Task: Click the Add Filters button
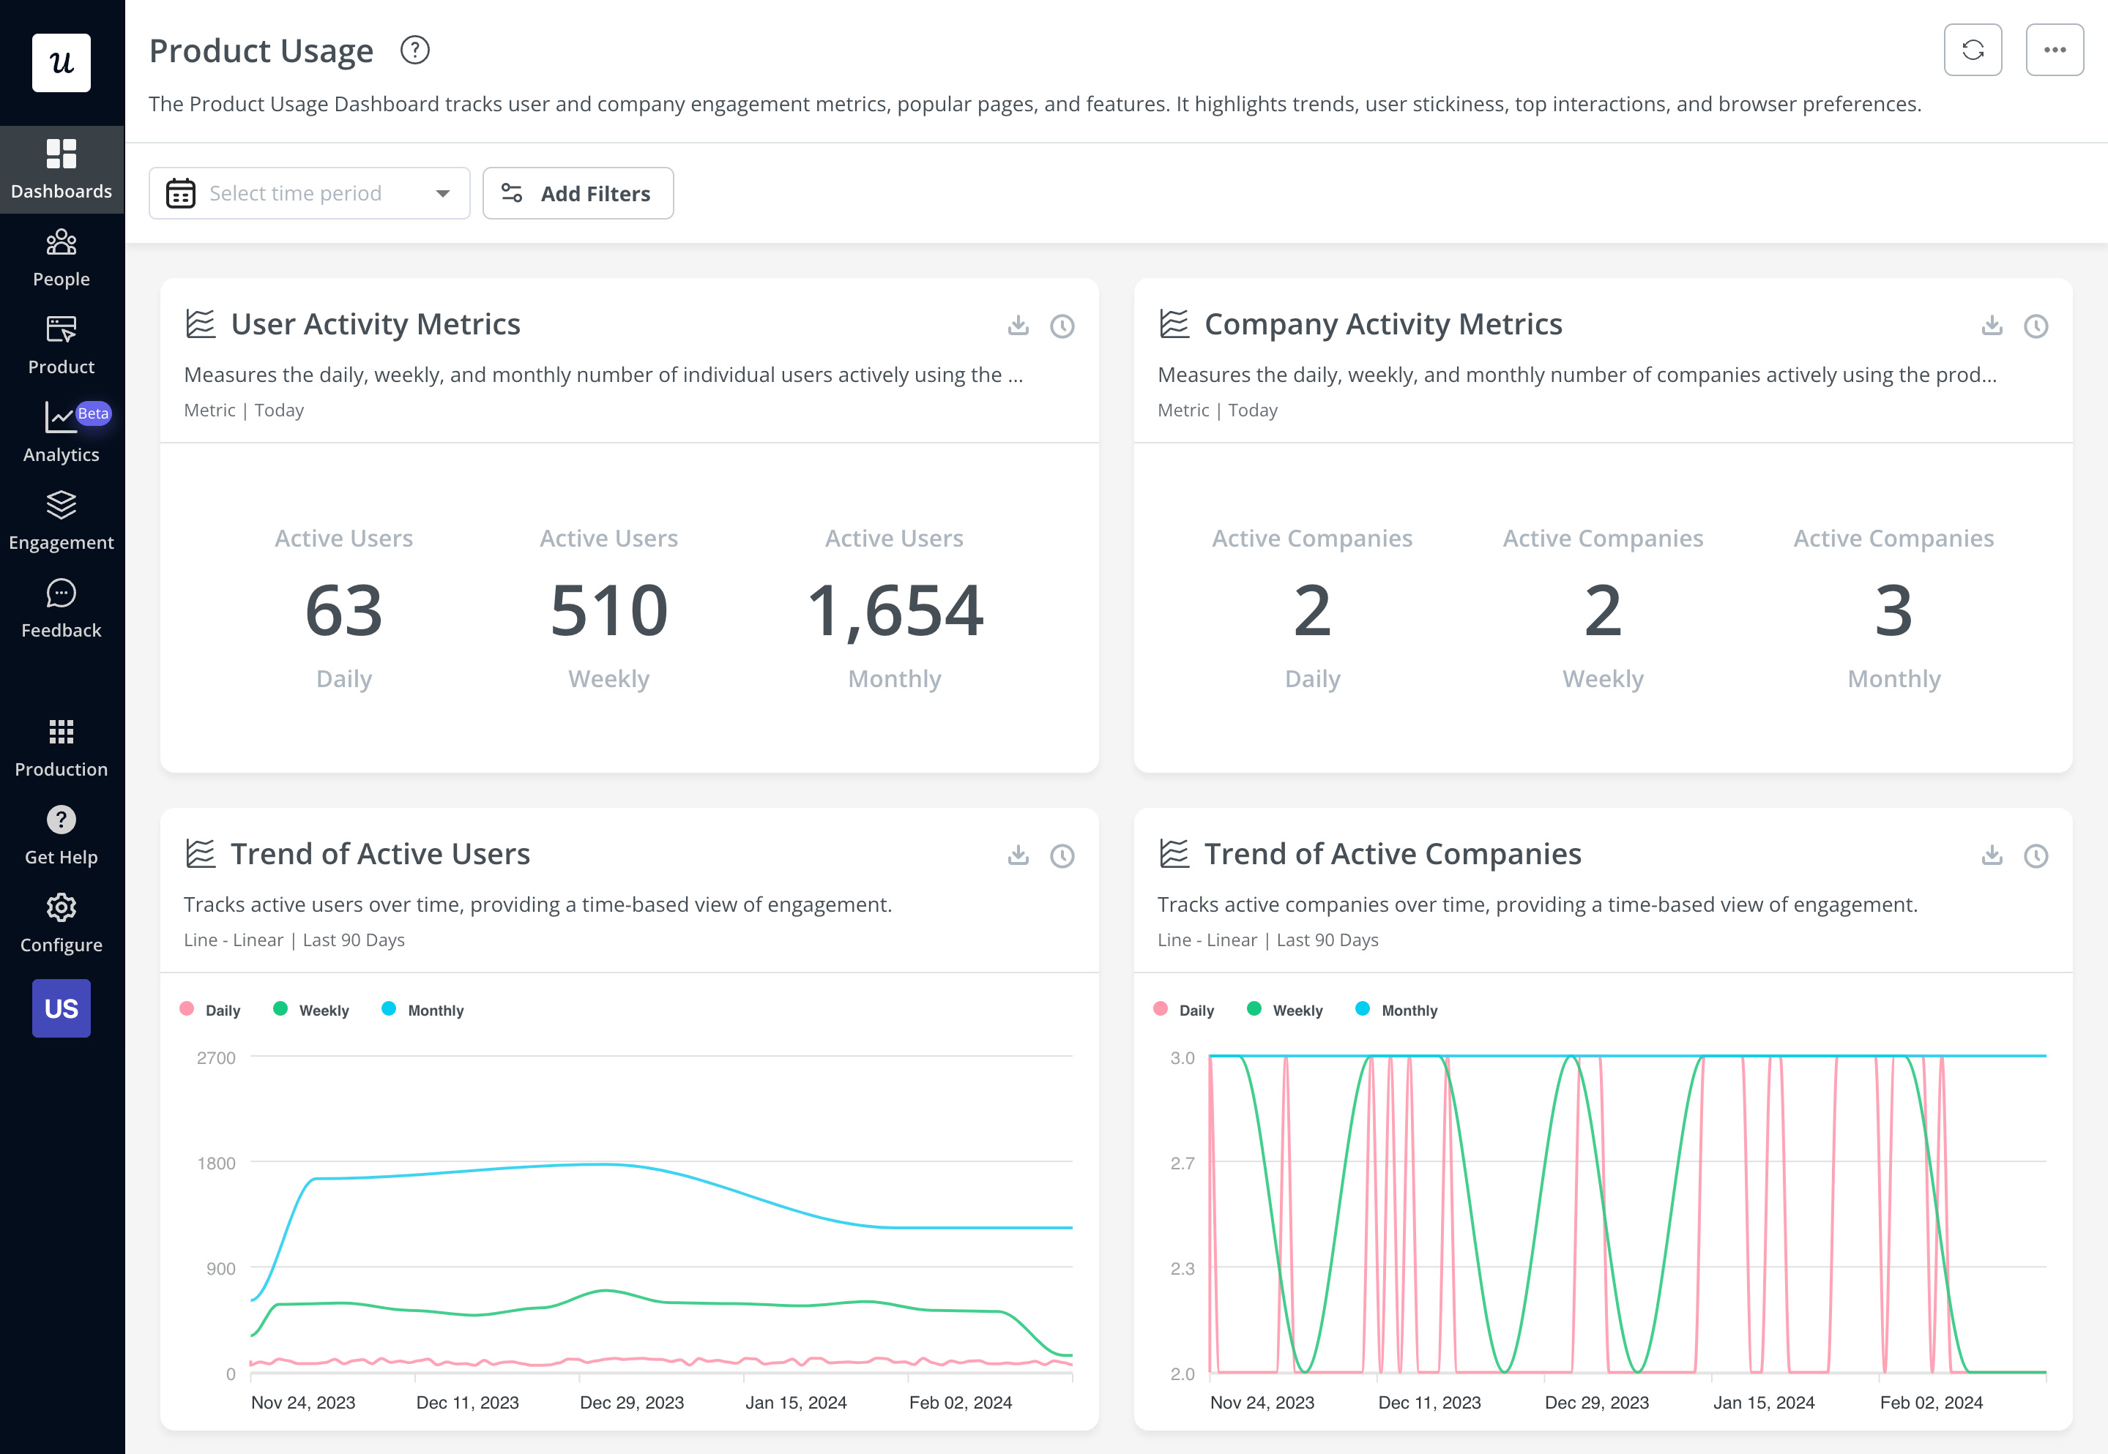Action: pyautogui.click(x=578, y=193)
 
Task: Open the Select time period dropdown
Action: pyautogui.click(x=309, y=193)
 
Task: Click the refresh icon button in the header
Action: pyautogui.click(x=1973, y=50)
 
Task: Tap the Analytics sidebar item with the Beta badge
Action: pyautogui.click(x=61, y=432)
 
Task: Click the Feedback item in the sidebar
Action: pyautogui.click(x=61, y=609)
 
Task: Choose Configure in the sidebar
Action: pyautogui.click(x=61, y=923)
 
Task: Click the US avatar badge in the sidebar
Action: pyautogui.click(x=61, y=1008)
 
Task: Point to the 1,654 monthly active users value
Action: pyautogui.click(x=894, y=610)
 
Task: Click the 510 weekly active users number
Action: pyautogui.click(x=608, y=610)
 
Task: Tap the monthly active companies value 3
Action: pyautogui.click(x=1893, y=610)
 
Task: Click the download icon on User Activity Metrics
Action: pyautogui.click(x=1018, y=325)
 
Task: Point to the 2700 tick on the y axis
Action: pyautogui.click(x=216, y=1057)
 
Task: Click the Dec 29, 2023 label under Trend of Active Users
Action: pyautogui.click(x=632, y=1402)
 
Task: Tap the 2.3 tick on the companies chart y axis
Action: pyautogui.click(x=1182, y=1268)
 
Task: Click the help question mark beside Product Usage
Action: pyautogui.click(x=414, y=50)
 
